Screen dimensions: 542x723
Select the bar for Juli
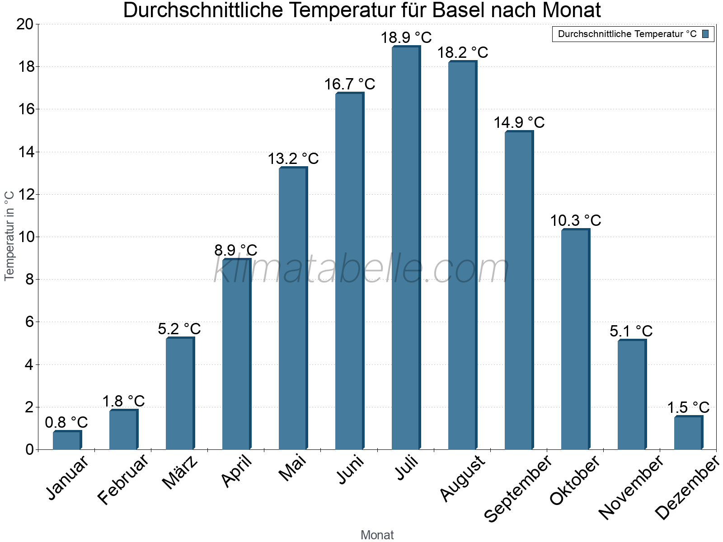[x=405, y=248]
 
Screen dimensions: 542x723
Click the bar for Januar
[x=67, y=440]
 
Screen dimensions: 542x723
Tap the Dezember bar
[x=688, y=433]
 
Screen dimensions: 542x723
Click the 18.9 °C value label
[x=406, y=37]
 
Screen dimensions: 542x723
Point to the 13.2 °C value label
[x=293, y=159]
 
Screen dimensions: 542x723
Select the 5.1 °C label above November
[x=631, y=331]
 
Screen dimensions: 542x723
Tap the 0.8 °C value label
[x=66, y=422]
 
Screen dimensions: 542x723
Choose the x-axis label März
[x=180, y=472]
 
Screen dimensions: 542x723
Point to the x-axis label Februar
[x=122, y=479]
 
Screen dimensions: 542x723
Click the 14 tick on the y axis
[x=26, y=152]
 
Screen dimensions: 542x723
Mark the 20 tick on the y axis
[x=25, y=24]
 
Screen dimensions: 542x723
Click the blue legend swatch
[x=705, y=34]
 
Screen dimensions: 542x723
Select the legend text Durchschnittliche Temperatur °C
[x=627, y=34]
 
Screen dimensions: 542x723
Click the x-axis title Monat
[x=377, y=535]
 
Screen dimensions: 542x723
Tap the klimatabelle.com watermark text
[x=361, y=269]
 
